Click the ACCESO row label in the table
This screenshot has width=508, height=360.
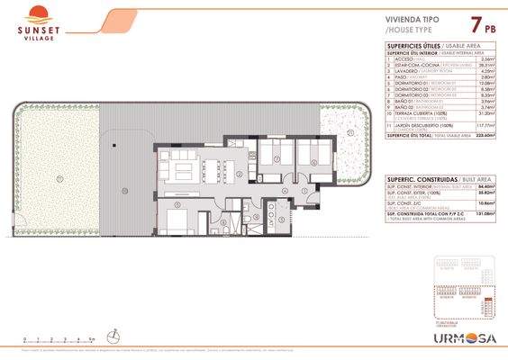point(403,59)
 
